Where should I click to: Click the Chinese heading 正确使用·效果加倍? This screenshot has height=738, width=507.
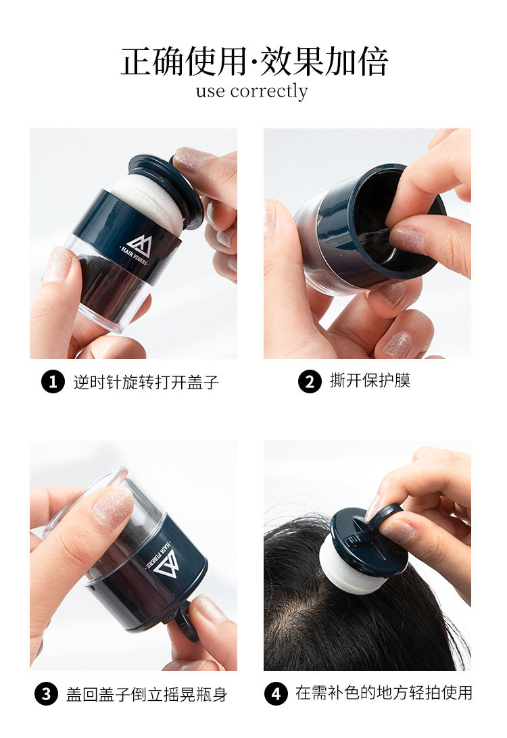(254, 62)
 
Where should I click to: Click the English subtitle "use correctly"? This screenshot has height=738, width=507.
(252, 91)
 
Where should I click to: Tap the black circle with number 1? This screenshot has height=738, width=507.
(53, 382)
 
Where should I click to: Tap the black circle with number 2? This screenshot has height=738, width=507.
(310, 381)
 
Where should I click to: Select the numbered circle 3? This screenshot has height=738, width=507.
(46, 694)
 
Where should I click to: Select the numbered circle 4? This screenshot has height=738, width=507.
(276, 694)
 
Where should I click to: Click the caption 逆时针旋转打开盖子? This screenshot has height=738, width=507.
(146, 383)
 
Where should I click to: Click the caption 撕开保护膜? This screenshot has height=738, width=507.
(370, 380)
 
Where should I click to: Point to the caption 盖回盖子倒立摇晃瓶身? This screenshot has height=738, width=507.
(147, 695)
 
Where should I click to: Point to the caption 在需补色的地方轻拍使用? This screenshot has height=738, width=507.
(384, 693)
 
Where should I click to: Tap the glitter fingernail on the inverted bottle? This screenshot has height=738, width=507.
(113, 506)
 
